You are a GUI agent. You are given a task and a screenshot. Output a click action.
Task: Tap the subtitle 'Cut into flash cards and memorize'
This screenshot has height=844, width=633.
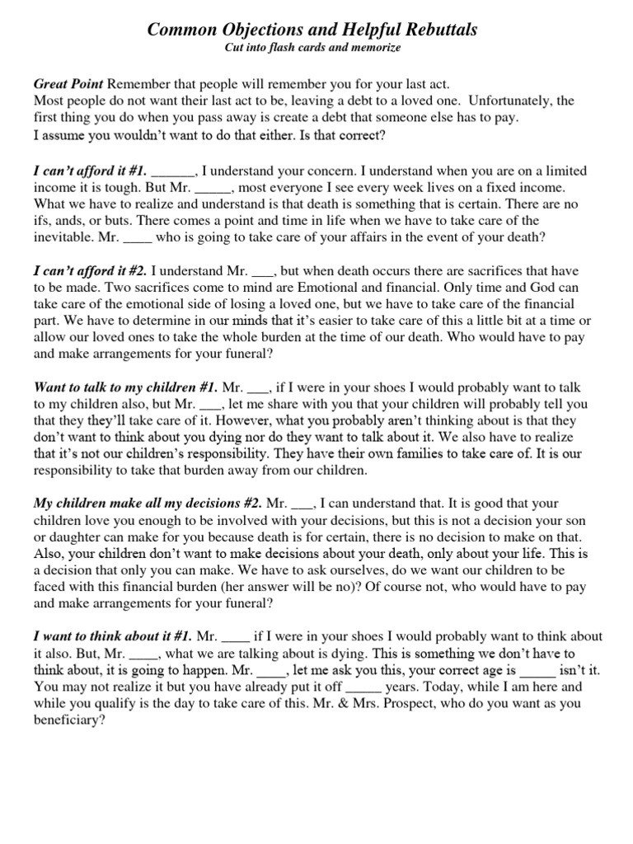312,48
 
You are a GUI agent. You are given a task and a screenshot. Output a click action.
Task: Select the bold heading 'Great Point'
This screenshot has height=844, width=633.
68,85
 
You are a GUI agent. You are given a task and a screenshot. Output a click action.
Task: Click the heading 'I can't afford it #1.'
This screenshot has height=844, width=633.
90,171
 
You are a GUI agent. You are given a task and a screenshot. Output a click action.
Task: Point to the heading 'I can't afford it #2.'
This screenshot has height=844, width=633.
90,270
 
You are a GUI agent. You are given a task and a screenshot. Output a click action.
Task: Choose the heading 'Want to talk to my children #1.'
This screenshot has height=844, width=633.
126,387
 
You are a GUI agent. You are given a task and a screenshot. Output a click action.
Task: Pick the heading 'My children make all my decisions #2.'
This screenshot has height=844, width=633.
148,503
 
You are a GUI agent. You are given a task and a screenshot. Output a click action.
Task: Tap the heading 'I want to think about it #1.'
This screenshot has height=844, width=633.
113,636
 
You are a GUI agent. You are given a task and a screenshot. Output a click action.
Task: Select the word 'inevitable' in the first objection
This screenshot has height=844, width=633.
66,237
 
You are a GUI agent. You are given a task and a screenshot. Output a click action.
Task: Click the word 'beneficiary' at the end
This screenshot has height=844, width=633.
69,720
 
